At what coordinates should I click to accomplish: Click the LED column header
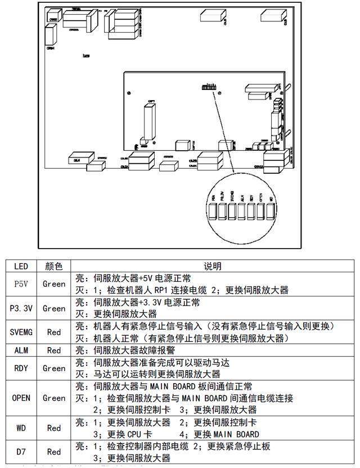pyautogui.click(x=21, y=266)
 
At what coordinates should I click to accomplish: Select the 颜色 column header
pyautogui.click(x=54, y=266)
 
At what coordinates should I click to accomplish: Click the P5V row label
pyautogui.click(x=21, y=284)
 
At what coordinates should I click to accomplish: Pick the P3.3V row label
pyautogui.click(x=21, y=308)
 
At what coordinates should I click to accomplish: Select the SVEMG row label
pyautogui.click(x=21, y=332)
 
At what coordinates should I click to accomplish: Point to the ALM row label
pyautogui.click(x=21, y=350)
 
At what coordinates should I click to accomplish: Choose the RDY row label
pyautogui.click(x=21, y=368)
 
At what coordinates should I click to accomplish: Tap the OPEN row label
pyautogui.click(x=21, y=398)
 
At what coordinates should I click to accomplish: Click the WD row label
pyautogui.click(x=21, y=428)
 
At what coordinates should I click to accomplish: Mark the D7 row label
pyautogui.click(x=21, y=452)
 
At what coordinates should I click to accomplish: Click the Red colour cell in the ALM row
pyautogui.click(x=54, y=350)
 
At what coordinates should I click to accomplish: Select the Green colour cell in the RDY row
pyautogui.click(x=54, y=368)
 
